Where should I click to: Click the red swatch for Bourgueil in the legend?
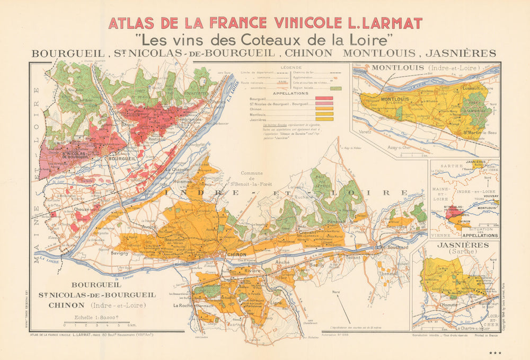[x=324, y=99]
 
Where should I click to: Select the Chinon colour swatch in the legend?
[x=324, y=109]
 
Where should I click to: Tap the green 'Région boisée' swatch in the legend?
[x=335, y=87]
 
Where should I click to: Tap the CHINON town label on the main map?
[x=236, y=255]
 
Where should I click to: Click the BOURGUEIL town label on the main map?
[x=119, y=159]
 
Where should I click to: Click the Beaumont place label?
[x=174, y=240]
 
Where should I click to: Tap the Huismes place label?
[x=182, y=180]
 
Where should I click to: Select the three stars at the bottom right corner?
[x=495, y=353]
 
